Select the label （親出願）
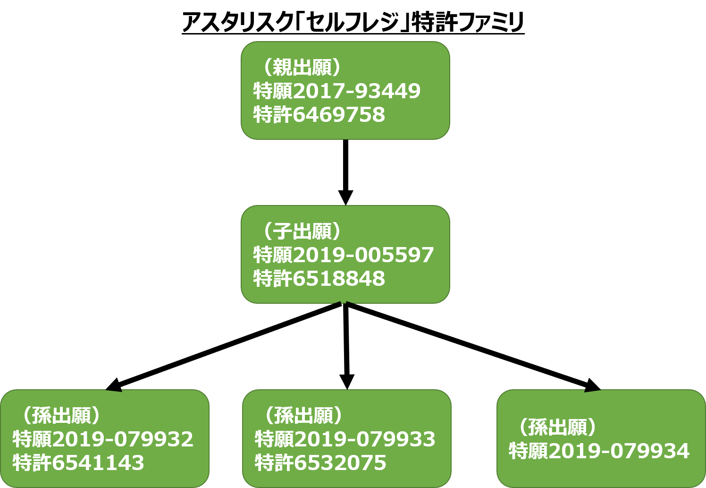coord(301,67)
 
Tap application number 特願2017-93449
coord(336,91)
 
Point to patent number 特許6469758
coord(319,114)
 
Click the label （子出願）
coord(301,231)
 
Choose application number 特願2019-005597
coord(343,255)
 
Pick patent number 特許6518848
coord(319,278)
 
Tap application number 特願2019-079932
coord(103,439)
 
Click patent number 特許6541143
coord(78,462)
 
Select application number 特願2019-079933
coord(345,439)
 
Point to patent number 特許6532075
coord(320,462)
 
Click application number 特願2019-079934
coord(599,451)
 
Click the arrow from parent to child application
coord(345,172)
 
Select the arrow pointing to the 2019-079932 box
coord(223,346)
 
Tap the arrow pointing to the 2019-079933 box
coord(346,346)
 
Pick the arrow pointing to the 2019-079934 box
coord(473,347)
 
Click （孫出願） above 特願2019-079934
coord(556,428)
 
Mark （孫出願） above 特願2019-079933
coord(303,415)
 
